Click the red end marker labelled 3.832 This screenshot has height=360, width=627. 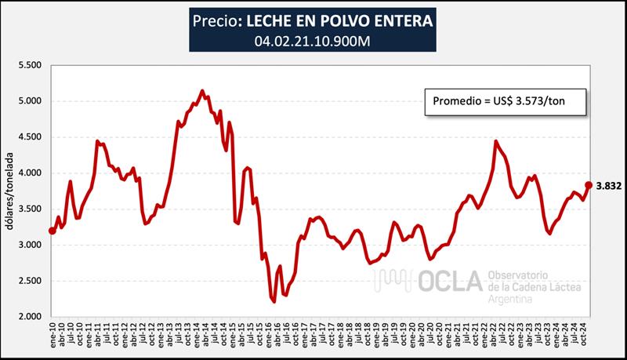coord(589,185)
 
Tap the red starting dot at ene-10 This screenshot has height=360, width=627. coord(53,231)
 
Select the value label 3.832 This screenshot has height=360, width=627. coord(608,186)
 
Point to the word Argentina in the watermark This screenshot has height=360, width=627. coord(513,300)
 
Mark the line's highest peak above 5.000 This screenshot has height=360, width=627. coord(202,91)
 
